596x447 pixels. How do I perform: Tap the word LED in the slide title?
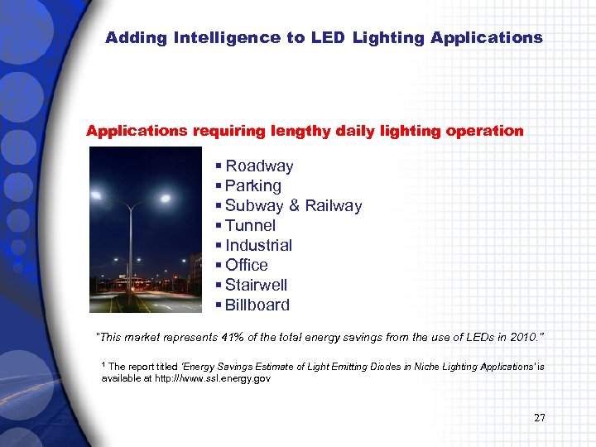[329, 38]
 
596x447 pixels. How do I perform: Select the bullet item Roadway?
[259, 166]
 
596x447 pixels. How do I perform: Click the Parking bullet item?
[253, 186]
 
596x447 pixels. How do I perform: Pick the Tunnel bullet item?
[250, 225]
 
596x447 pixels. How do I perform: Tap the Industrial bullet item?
[258, 245]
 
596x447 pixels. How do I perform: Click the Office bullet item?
[247, 265]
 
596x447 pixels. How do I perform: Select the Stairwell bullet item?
[257, 285]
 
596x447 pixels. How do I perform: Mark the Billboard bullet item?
[257, 305]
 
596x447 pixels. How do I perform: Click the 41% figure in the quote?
[233, 338]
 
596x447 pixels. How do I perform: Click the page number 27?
[540, 417]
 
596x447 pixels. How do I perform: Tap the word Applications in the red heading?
[137, 131]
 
